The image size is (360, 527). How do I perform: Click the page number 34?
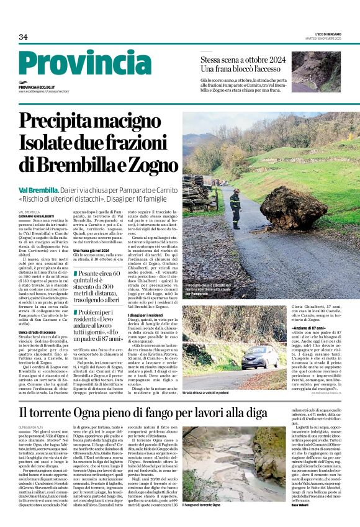pyautogui.click(x=23, y=37)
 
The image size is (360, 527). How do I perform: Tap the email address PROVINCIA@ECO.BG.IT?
pyautogui.click(x=37, y=88)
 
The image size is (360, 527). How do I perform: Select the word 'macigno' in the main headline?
pyautogui.click(x=133, y=121)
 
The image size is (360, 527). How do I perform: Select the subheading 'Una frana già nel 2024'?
pyautogui.click(x=95, y=250)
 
